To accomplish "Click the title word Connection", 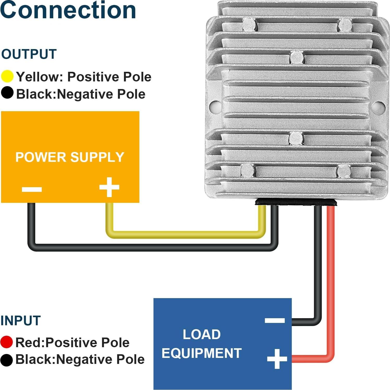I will click(x=68, y=10).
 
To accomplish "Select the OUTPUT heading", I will click(x=29, y=54).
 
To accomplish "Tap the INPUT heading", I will click(x=21, y=321).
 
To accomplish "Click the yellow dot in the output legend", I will click(x=7, y=76).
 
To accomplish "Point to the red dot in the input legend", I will click(x=7, y=342).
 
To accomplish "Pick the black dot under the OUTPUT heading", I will click(x=7, y=93).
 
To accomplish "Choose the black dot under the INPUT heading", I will click(x=7, y=360).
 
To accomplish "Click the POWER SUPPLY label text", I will click(x=70, y=157).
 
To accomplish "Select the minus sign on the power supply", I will click(x=32, y=189).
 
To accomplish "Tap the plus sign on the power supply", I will click(x=109, y=187).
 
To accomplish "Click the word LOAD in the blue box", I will click(x=202, y=334).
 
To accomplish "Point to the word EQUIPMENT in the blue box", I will click(x=202, y=353).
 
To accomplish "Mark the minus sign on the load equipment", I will click(x=275, y=320).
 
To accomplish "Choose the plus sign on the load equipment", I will click(x=277, y=359).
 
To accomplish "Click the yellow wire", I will click(x=183, y=235).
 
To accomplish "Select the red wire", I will click(x=330, y=287).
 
